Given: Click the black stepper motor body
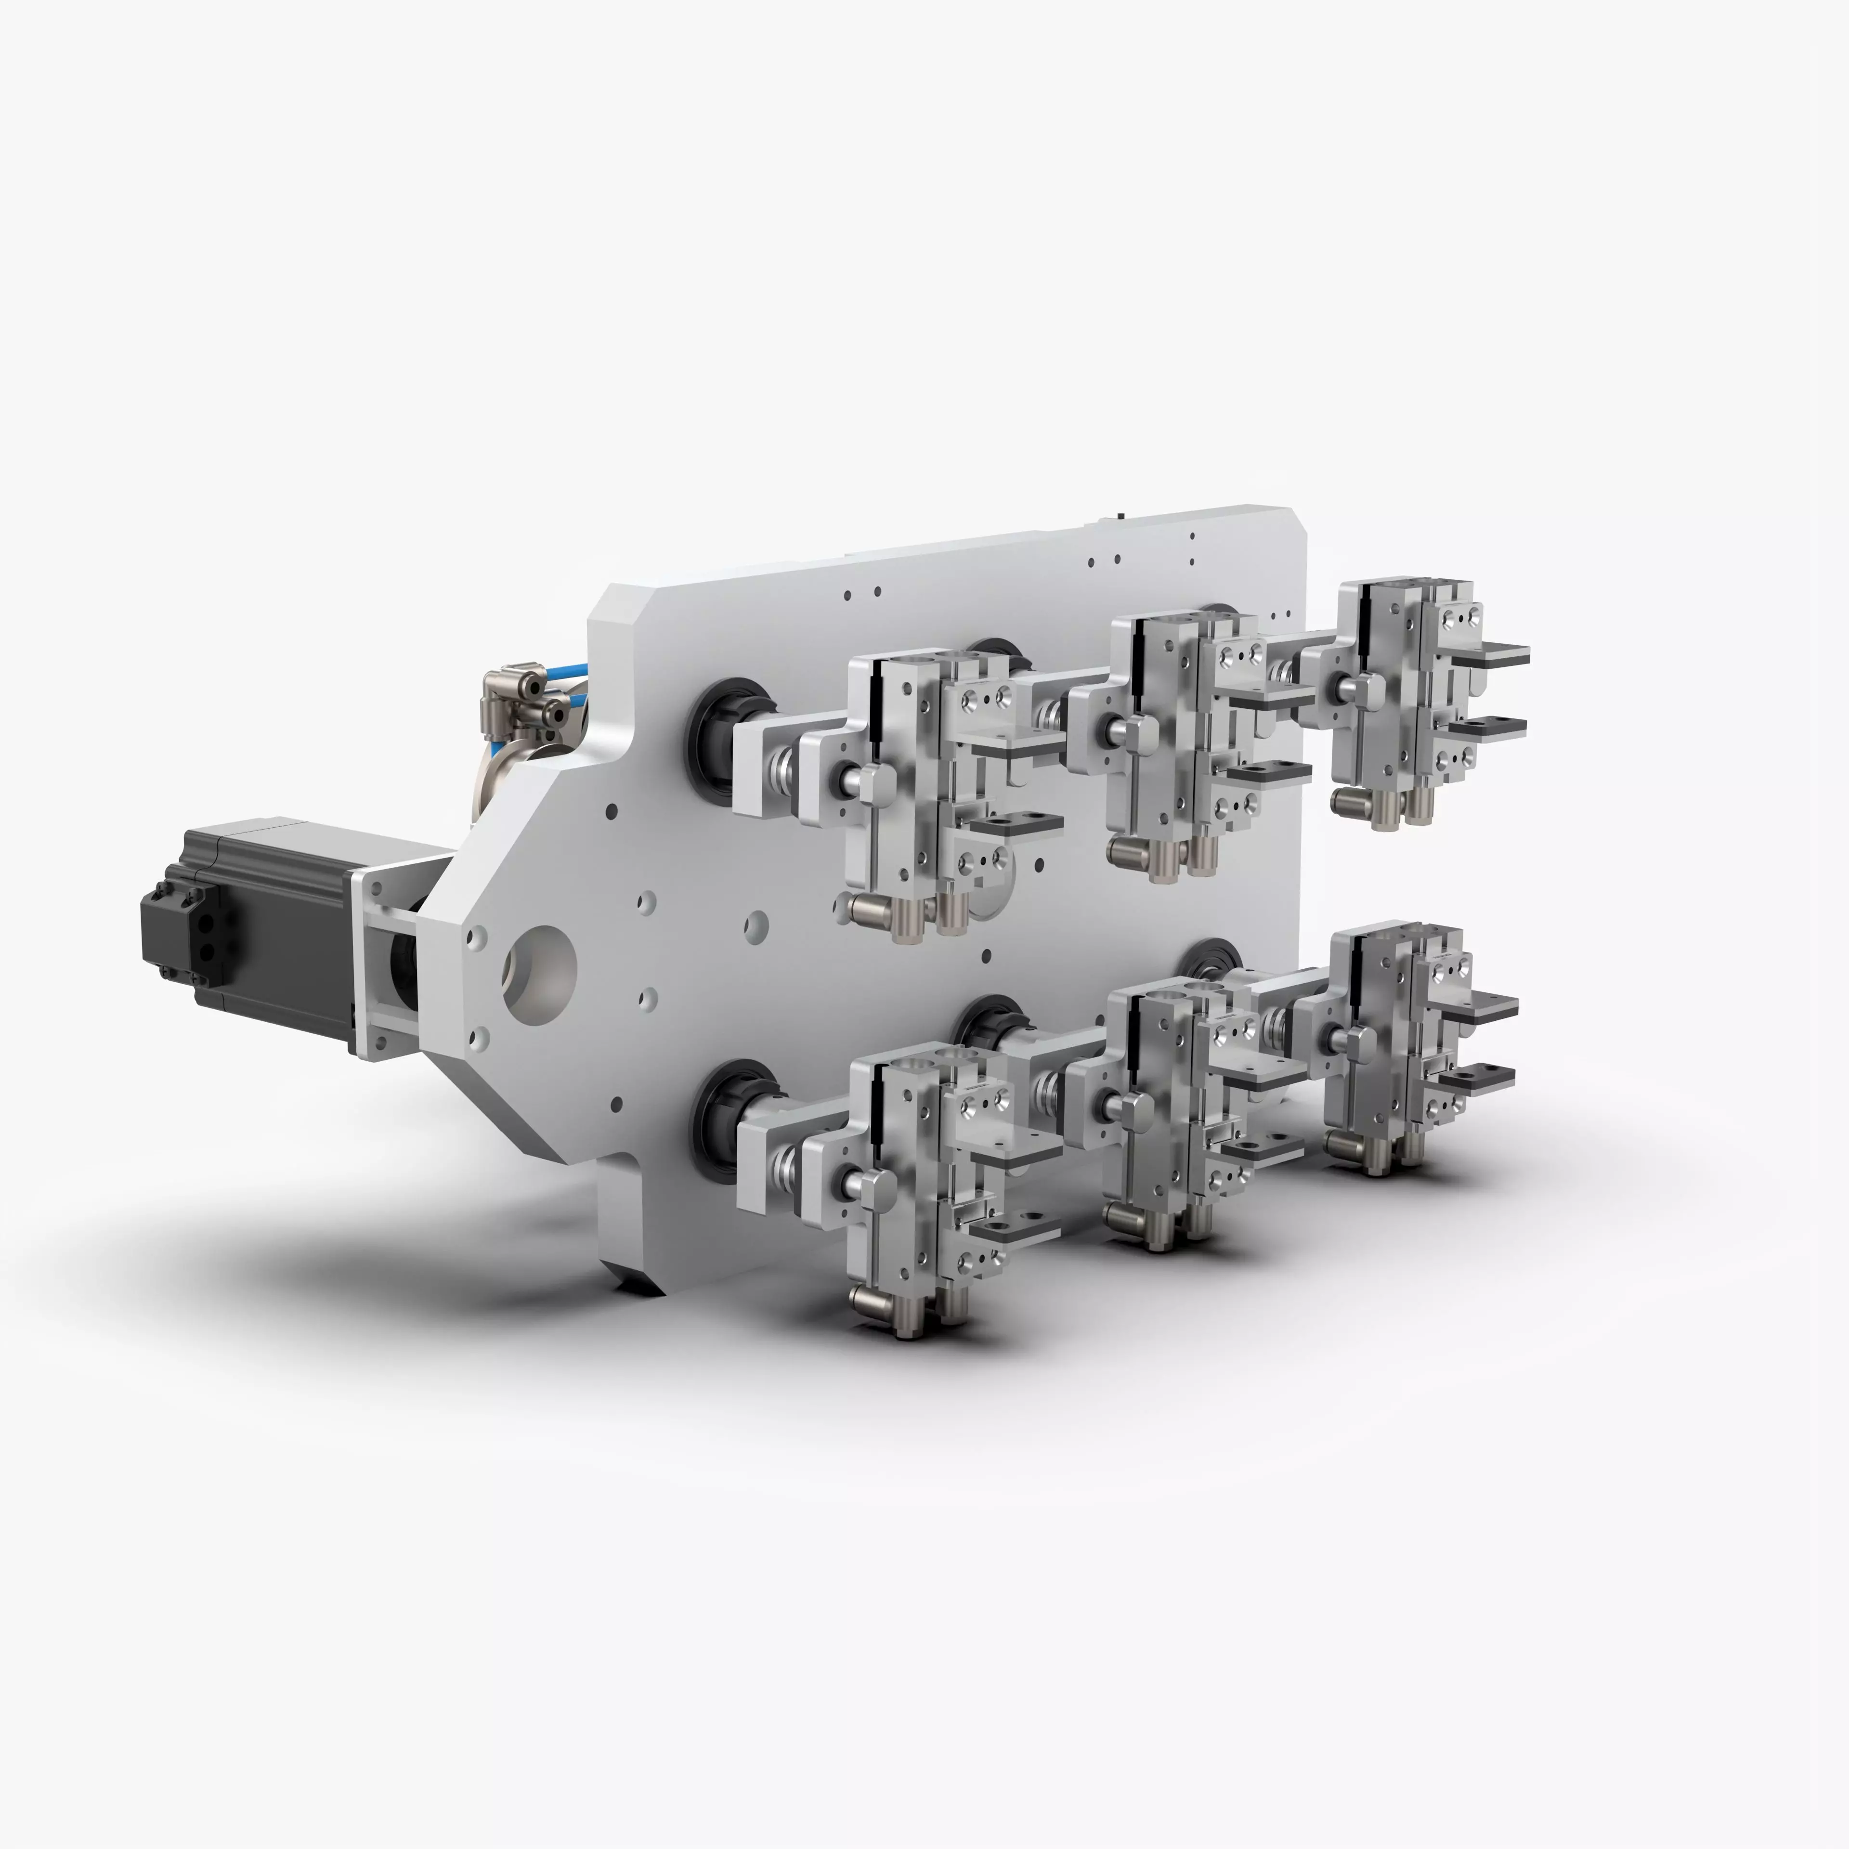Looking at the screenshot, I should (277, 919).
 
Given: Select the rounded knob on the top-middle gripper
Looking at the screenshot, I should (1139, 737).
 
